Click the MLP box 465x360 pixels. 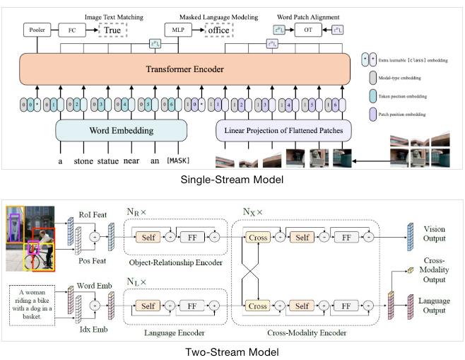[x=175, y=30]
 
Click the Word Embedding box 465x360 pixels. [x=121, y=132]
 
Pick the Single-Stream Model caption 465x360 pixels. [x=232, y=180]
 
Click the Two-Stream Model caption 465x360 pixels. [x=232, y=352]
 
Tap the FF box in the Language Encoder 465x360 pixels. [x=193, y=306]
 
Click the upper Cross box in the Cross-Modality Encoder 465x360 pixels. [x=258, y=238]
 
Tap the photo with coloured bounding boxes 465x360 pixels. [x=30, y=238]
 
